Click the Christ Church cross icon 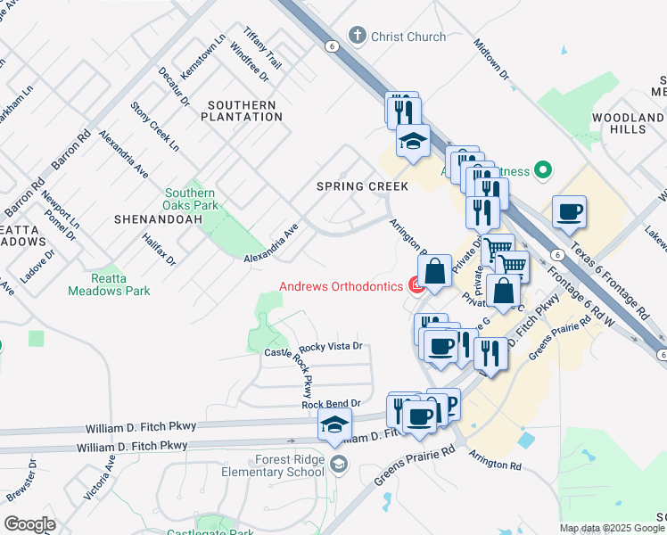pyautogui.click(x=358, y=37)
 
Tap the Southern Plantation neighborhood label pyautogui.click(x=244, y=111)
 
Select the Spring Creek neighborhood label pyautogui.click(x=363, y=186)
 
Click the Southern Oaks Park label pyautogui.click(x=190, y=199)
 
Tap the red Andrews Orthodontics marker pyautogui.click(x=416, y=286)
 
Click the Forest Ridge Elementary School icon pyautogui.click(x=338, y=463)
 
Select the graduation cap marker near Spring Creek pyautogui.click(x=413, y=142)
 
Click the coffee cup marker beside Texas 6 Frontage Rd pyautogui.click(x=569, y=212)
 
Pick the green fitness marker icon pyautogui.click(x=543, y=169)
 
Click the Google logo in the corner pyautogui.click(x=29, y=524)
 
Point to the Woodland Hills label pyautogui.click(x=628, y=123)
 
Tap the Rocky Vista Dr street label pyautogui.click(x=331, y=346)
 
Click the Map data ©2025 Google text pyautogui.click(x=613, y=528)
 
